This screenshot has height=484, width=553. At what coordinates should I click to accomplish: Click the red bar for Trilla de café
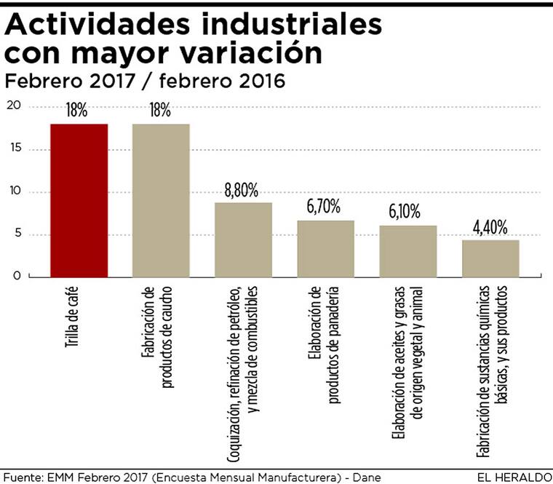click(x=79, y=200)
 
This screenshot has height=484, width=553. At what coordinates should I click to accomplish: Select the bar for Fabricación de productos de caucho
click(x=161, y=200)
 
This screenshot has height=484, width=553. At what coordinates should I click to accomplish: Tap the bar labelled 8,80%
click(x=243, y=239)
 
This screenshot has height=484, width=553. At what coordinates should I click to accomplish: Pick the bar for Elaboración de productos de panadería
click(x=325, y=248)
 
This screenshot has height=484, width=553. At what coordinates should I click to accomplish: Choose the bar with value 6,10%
click(x=407, y=251)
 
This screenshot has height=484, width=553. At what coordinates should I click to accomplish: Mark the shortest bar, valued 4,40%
click(x=490, y=258)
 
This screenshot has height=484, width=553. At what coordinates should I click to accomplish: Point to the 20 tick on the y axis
click(x=15, y=107)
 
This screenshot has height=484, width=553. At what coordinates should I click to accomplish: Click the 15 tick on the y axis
click(x=15, y=149)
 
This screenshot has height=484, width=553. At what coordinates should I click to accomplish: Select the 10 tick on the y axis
click(x=15, y=192)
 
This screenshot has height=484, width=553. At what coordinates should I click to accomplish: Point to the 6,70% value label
click(x=324, y=207)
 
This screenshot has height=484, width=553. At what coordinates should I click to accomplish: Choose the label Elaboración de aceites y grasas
click(x=399, y=364)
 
